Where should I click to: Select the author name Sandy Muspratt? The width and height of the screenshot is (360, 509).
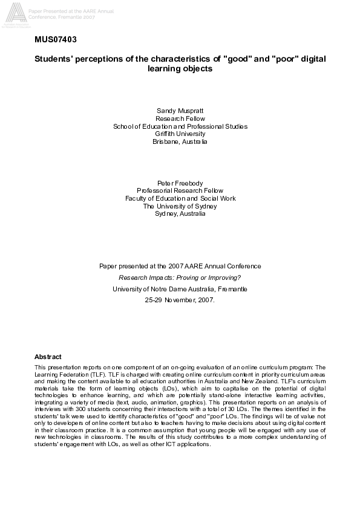(x=180, y=111)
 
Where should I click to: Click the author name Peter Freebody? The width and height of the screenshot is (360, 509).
(x=180, y=182)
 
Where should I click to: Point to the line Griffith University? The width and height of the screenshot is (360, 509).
(x=180, y=134)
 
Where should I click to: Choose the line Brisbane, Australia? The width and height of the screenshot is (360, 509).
(x=180, y=141)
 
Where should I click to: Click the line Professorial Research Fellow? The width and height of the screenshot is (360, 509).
(x=180, y=190)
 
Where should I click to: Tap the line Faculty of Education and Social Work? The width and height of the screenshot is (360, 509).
(x=180, y=198)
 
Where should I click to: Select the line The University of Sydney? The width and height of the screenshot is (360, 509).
(x=180, y=206)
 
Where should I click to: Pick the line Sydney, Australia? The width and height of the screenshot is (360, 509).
(x=180, y=213)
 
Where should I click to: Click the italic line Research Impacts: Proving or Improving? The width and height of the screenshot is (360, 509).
(x=180, y=277)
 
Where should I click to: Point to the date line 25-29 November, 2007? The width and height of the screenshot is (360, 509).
(x=180, y=300)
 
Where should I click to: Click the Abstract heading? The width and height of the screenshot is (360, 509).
(x=48, y=357)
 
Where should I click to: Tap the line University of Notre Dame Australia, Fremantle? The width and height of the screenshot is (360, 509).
(x=180, y=289)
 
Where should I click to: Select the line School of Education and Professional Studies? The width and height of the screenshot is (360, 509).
(x=180, y=126)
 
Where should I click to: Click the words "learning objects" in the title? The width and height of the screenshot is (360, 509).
(x=180, y=69)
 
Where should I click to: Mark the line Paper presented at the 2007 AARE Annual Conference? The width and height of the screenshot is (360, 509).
(x=180, y=266)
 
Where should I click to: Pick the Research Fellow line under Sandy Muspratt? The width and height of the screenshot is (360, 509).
(x=180, y=118)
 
